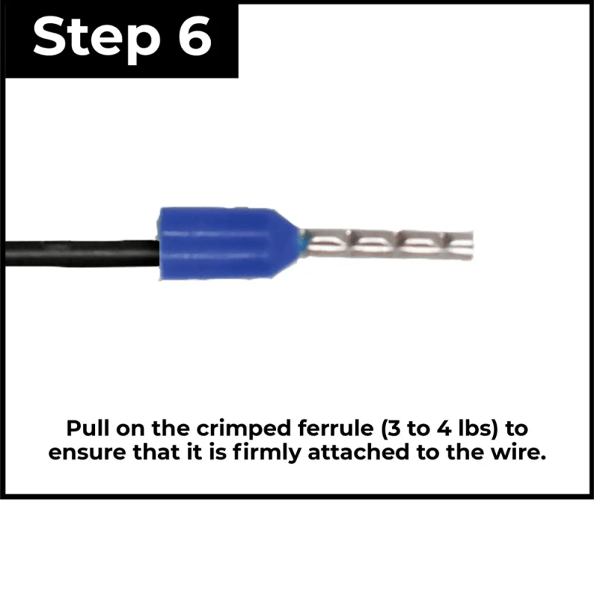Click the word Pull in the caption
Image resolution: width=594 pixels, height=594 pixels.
[87, 429]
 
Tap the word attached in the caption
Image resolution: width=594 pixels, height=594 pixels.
[360, 453]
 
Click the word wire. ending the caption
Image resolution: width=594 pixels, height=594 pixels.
[520, 453]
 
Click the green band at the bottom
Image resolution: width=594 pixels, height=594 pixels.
[297, 546]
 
